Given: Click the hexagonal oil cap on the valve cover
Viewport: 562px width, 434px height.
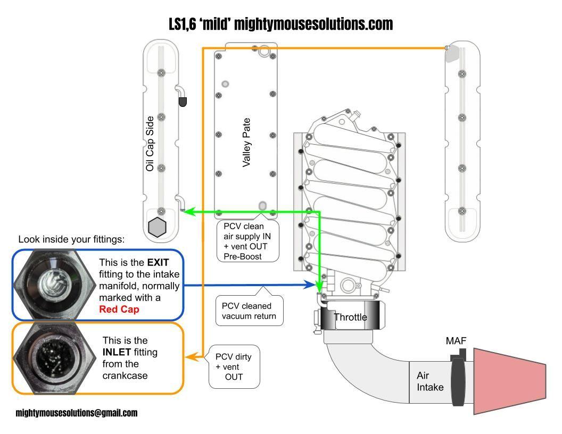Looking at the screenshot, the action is tap(157, 227).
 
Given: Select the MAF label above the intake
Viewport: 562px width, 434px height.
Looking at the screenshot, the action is tap(456, 340).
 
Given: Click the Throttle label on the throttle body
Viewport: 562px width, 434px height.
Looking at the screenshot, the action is tap(350, 317).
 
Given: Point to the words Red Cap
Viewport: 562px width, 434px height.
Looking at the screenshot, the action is tap(119, 309).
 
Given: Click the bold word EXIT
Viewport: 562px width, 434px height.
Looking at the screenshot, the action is tap(158, 263).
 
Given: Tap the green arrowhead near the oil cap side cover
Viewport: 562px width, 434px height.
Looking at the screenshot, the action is tap(189, 211).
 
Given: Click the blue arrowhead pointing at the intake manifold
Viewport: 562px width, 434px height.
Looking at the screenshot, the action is tap(310, 285).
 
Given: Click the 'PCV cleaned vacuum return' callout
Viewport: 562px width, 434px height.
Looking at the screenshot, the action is tap(250, 311).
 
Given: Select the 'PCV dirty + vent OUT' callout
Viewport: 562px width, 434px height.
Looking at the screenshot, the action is tap(234, 366).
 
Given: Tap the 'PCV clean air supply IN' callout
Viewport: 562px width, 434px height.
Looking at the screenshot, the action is tap(247, 241).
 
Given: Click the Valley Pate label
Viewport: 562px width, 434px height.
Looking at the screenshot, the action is tap(246, 143).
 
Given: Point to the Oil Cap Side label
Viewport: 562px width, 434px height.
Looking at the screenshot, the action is tap(150, 144).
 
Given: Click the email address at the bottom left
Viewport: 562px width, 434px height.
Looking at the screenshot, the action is tap(76, 413).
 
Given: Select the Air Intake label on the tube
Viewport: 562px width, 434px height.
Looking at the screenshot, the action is tap(429, 381).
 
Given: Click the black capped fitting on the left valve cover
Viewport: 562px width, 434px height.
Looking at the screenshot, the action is tap(183, 102).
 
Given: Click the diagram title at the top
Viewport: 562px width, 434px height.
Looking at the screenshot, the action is tap(281, 24).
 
